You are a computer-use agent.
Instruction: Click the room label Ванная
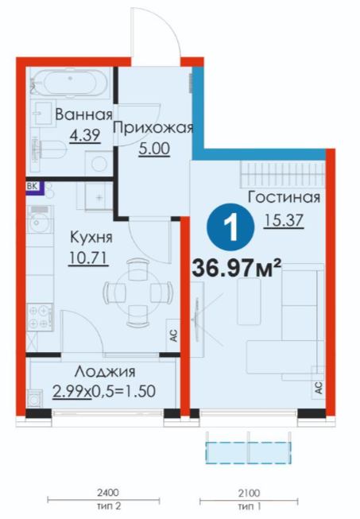click(x=83, y=114)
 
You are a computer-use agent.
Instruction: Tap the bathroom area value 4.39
click(x=85, y=134)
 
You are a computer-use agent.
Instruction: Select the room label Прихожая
click(x=153, y=128)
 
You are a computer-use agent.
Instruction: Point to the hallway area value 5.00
click(x=154, y=149)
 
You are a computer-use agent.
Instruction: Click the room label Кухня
click(x=91, y=237)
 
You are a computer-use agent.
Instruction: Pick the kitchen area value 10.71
click(x=88, y=258)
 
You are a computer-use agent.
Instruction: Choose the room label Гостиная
click(x=285, y=197)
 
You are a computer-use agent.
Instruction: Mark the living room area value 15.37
click(x=284, y=220)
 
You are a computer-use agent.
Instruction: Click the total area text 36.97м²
click(x=237, y=267)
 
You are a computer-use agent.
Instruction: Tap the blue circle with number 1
click(x=230, y=227)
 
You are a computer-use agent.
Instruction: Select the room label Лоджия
click(x=105, y=371)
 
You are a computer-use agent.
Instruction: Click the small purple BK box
click(x=33, y=187)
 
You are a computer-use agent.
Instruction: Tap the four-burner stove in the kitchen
click(x=40, y=317)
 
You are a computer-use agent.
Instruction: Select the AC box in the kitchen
click(x=172, y=335)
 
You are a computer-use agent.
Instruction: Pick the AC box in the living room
click(x=319, y=387)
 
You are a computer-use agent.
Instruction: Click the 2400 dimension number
click(x=108, y=493)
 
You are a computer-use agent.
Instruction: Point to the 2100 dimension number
click(x=249, y=494)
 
